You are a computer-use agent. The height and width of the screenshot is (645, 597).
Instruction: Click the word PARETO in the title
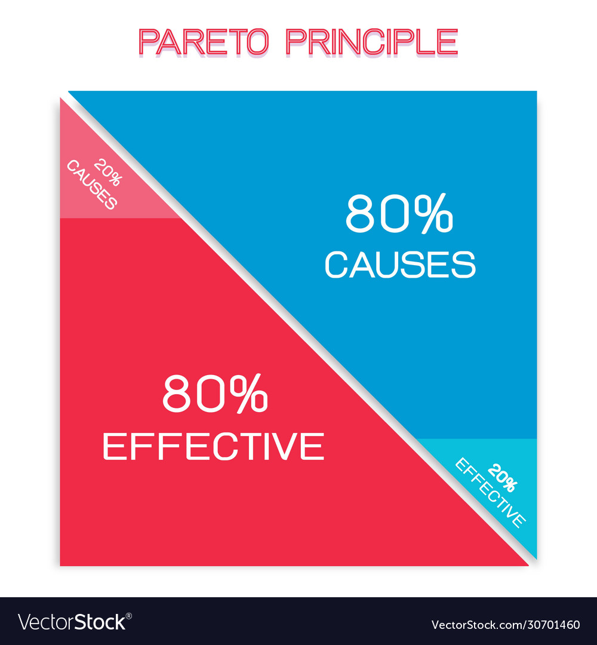pyautogui.click(x=204, y=42)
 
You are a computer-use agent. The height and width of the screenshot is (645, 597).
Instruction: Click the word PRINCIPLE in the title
pyautogui.click(x=372, y=42)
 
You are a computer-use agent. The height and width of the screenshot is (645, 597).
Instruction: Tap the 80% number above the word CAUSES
pyautogui.click(x=399, y=214)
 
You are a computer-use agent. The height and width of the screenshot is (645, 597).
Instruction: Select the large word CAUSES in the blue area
pyautogui.click(x=400, y=265)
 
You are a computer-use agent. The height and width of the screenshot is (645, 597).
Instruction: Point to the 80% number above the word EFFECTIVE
pyautogui.click(x=216, y=393)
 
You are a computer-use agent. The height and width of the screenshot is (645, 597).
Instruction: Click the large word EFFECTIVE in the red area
pyautogui.click(x=213, y=446)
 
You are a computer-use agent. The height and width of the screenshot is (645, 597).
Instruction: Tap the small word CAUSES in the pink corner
pyautogui.click(x=92, y=185)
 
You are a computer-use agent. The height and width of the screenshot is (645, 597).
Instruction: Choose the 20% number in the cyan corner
pyautogui.click(x=503, y=478)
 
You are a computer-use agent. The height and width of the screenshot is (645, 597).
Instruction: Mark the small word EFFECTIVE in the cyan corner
pyautogui.click(x=490, y=493)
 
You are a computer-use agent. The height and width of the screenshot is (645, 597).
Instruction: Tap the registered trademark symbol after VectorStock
pyautogui.click(x=129, y=616)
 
